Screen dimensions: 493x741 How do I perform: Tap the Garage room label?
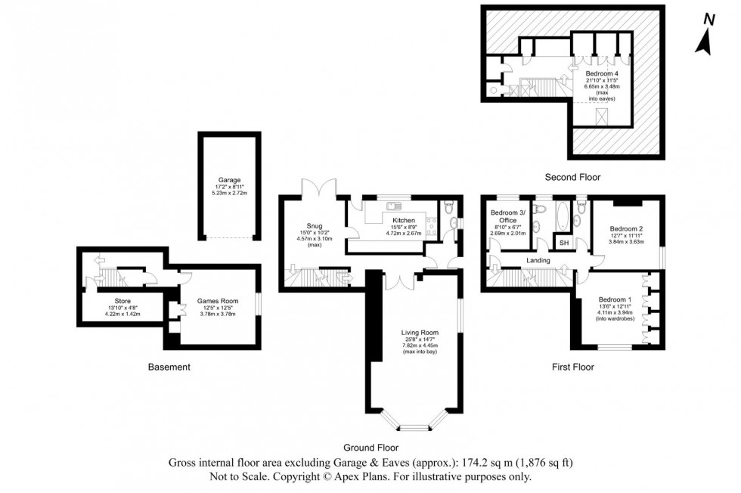coord(225,180)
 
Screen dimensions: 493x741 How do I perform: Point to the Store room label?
coord(122,301)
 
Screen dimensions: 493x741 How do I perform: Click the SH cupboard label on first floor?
coord(564,242)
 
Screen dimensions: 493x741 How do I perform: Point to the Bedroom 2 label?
coord(626,228)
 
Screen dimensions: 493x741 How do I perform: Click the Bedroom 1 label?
coord(613,299)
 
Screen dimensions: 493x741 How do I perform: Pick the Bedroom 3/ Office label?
coord(507,215)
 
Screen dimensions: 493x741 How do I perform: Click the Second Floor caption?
coord(572,178)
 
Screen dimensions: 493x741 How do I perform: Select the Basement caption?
coord(169,367)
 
